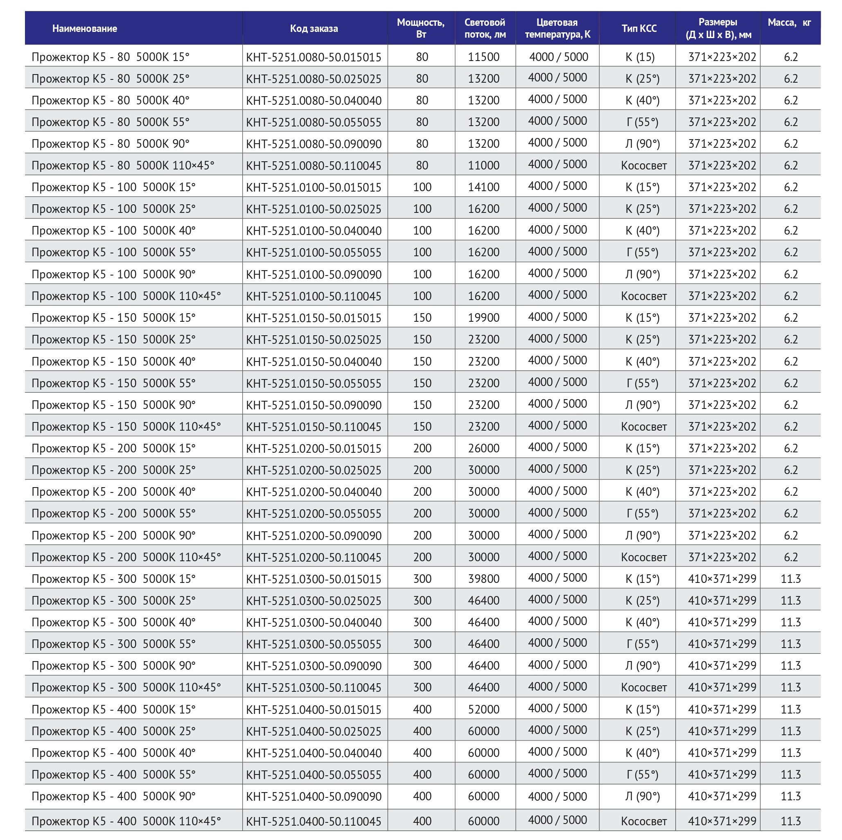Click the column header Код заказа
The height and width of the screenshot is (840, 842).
(x=314, y=29)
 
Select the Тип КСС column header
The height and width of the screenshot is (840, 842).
(x=639, y=29)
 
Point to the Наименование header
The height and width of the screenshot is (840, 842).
(x=85, y=29)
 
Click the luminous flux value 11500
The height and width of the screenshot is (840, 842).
(x=484, y=57)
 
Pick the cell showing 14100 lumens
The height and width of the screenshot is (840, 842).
(x=484, y=187)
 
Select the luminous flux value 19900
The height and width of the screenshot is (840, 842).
(x=484, y=318)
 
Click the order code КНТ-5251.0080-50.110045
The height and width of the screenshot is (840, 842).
(x=314, y=166)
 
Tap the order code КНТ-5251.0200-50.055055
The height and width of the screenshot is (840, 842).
(x=314, y=513)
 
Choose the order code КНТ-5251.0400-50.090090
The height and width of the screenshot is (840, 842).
(x=314, y=797)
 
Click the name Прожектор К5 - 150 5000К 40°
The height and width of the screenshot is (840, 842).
(x=114, y=361)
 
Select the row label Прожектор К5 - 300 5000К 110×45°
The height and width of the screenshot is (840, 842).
(x=126, y=687)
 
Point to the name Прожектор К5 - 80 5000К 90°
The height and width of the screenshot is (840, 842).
(x=111, y=144)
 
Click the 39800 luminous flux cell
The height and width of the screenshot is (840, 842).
(x=484, y=579)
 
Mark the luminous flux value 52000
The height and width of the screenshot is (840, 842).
(x=484, y=709)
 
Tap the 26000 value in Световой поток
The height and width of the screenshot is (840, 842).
(x=484, y=448)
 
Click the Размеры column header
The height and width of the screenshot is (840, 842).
(x=718, y=29)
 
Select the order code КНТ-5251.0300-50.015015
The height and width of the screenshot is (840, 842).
(x=314, y=579)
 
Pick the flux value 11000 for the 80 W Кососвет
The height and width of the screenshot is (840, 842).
(x=484, y=166)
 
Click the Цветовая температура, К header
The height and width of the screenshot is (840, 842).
(x=558, y=29)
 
